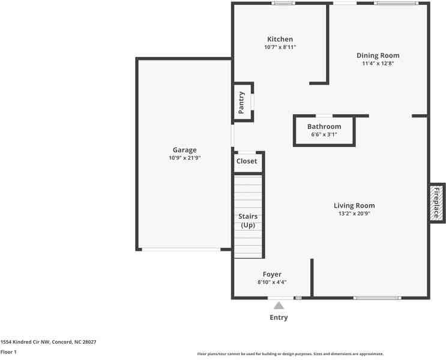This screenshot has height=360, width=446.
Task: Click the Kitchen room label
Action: click(x=280, y=40)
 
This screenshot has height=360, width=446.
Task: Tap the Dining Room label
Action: click(x=378, y=55)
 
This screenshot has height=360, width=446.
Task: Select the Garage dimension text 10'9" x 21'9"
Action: click(x=184, y=158)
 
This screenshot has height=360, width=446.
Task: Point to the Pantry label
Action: click(x=241, y=102)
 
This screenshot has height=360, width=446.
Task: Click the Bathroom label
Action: click(x=324, y=127)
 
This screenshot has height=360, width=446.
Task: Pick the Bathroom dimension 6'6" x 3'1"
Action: click(x=324, y=134)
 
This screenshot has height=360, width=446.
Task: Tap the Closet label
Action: click(x=247, y=161)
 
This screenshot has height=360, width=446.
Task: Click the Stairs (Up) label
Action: click(x=249, y=220)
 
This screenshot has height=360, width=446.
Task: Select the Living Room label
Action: click(x=354, y=206)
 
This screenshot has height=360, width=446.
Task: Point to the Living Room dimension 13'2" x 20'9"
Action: click(x=354, y=213)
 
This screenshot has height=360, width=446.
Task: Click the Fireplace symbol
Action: click(x=437, y=203)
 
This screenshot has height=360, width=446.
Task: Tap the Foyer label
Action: click(x=272, y=274)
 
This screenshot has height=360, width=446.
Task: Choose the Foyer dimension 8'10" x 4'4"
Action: click(x=272, y=282)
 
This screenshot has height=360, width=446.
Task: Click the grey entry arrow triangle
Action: click(x=279, y=306)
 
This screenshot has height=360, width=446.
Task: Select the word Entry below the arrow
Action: click(x=279, y=317)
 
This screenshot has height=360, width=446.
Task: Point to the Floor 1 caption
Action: click(x=8, y=352)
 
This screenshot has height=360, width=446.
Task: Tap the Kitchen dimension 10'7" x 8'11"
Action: click(x=280, y=47)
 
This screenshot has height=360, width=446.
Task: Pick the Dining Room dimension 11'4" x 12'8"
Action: click(x=378, y=63)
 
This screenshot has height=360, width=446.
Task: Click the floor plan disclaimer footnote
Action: click(x=290, y=354)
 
